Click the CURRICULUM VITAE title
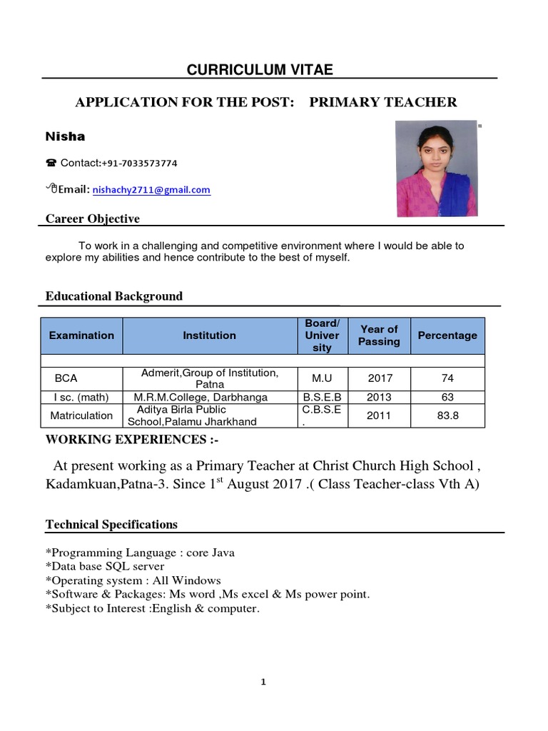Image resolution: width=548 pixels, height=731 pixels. (x=260, y=69)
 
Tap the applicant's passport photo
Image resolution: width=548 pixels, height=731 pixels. (x=437, y=168)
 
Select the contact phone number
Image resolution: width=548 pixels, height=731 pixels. (x=139, y=163)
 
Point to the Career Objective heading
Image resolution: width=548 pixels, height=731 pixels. (x=93, y=218)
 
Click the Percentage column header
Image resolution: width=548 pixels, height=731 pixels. (x=447, y=336)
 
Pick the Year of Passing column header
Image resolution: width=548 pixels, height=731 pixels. (x=379, y=336)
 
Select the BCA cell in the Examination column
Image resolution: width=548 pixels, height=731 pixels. (x=67, y=378)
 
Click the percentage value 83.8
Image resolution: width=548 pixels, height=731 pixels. (x=447, y=415)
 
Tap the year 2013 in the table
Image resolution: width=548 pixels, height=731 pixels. (x=379, y=398)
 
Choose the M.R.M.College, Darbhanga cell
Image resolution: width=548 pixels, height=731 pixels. (x=201, y=398)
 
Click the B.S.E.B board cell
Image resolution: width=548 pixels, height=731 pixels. (x=323, y=398)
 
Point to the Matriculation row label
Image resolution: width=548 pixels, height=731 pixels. (x=81, y=415)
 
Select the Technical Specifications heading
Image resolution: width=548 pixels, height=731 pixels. (x=111, y=525)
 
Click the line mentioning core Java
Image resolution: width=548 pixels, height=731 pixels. (x=140, y=553)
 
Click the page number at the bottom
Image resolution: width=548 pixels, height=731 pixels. (x=263, y=682)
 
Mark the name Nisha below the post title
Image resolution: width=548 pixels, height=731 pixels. (x=65, y=136)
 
